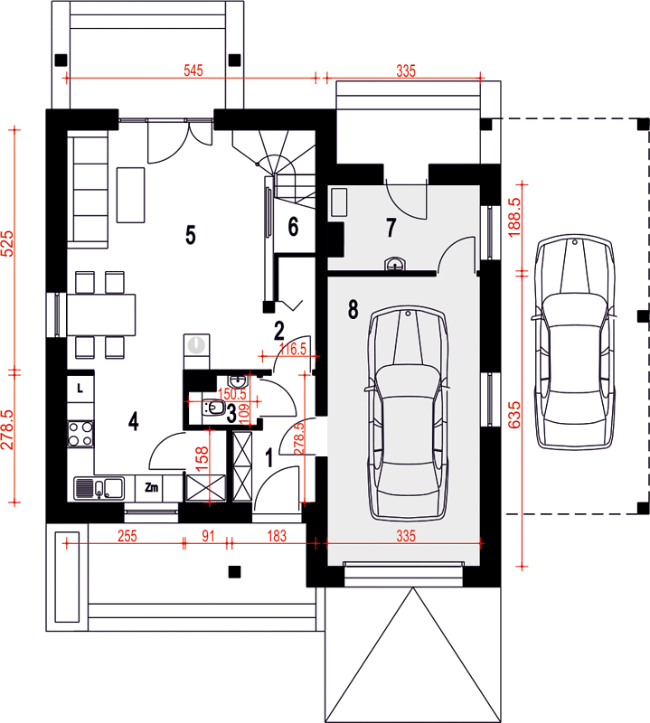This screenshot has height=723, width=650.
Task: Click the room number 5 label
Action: coord(191,235)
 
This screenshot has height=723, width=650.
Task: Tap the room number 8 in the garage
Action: coord(353,309)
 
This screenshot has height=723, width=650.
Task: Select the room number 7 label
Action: coord(391,228)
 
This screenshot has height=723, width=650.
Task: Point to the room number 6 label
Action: coord(293,227)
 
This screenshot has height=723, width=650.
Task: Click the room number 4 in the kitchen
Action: coord(133,421)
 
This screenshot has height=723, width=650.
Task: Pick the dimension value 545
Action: coord(193,70)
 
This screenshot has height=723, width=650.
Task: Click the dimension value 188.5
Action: coord(514,217)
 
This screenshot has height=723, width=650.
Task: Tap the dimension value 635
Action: coord(514,415)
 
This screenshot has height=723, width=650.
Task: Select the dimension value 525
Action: coord(7,243)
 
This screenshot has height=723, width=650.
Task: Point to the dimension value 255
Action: coord(127,536)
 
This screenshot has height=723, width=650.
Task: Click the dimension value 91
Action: coord(208,536)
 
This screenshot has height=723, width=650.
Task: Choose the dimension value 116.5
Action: coord(293,349)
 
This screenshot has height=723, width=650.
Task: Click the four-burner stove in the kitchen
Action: coord(80,434)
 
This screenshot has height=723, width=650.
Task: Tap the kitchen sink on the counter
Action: coord(99,488)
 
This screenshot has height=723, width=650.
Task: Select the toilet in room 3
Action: coord(213,408)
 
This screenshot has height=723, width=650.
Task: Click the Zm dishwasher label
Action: coord(151,487)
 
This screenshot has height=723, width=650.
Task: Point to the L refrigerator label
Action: coord(80,389)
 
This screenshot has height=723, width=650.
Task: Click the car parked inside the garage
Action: coord(408,413)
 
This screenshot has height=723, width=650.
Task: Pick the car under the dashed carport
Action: coord(575,342)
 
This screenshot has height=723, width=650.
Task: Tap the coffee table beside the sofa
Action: coord(130,195)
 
